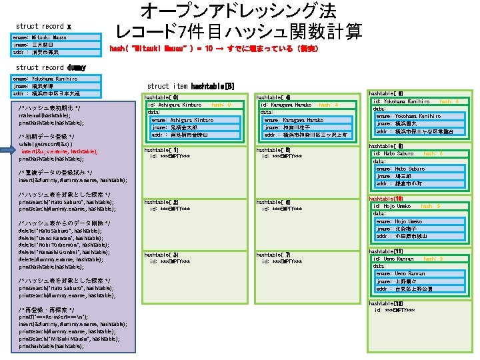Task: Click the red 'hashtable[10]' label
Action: pos(385,199)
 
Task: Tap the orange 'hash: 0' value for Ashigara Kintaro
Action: pos(221,105)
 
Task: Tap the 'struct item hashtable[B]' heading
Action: pos(190,86)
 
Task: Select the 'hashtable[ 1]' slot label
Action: pos(161,150)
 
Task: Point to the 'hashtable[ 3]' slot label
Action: pos(161,255)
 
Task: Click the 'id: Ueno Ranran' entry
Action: pos(394,259)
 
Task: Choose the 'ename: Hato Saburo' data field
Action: pos(400,169)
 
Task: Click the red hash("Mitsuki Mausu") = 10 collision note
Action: pos(213,49)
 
